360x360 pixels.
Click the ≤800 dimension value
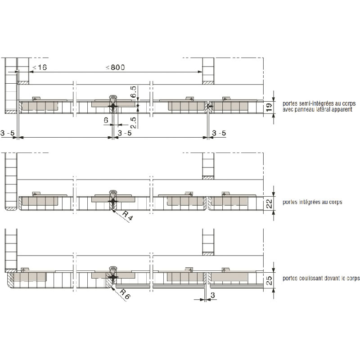[x=115, y=67]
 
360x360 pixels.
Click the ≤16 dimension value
[x=40, y=67]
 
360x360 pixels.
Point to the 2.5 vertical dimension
[x=133, y=122]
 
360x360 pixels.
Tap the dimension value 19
[x=269, y=107]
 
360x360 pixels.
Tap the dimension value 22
[x=269, y=204]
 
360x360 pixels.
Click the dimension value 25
[x=269, y=280]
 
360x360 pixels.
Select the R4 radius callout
[x=127, y=216]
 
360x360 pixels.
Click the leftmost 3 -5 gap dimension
[x=7, y=133]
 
